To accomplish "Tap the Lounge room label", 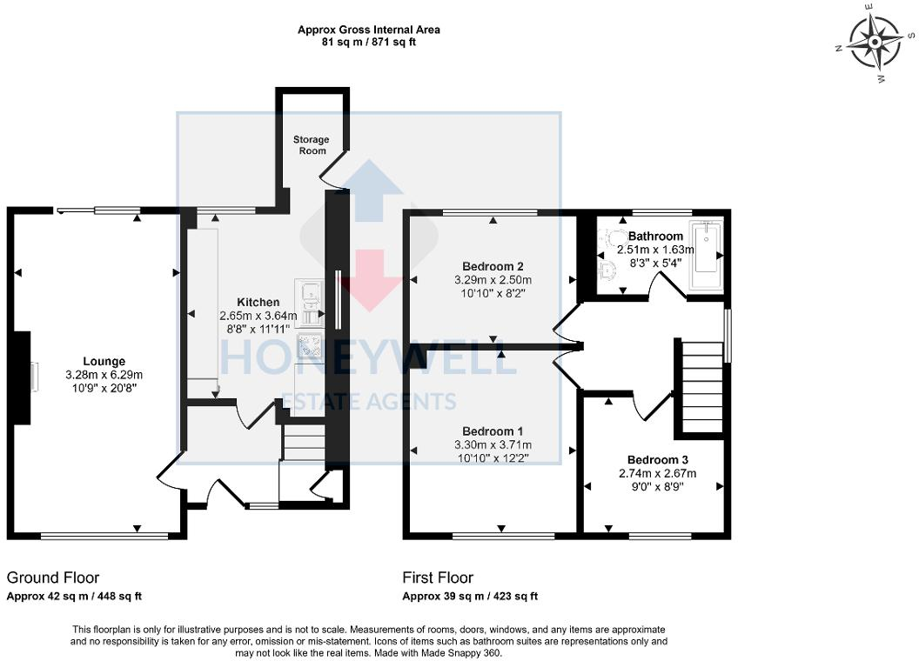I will [104, 361].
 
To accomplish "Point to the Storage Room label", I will [311, 144].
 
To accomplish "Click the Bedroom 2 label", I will [493, 266].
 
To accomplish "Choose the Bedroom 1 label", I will [493, 431].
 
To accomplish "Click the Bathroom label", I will [655, 236].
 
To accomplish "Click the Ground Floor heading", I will [53, 578].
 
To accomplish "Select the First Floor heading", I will [438, 578].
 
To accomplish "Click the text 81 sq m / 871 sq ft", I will [369, 42].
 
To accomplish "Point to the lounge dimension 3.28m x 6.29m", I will [104, 375].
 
